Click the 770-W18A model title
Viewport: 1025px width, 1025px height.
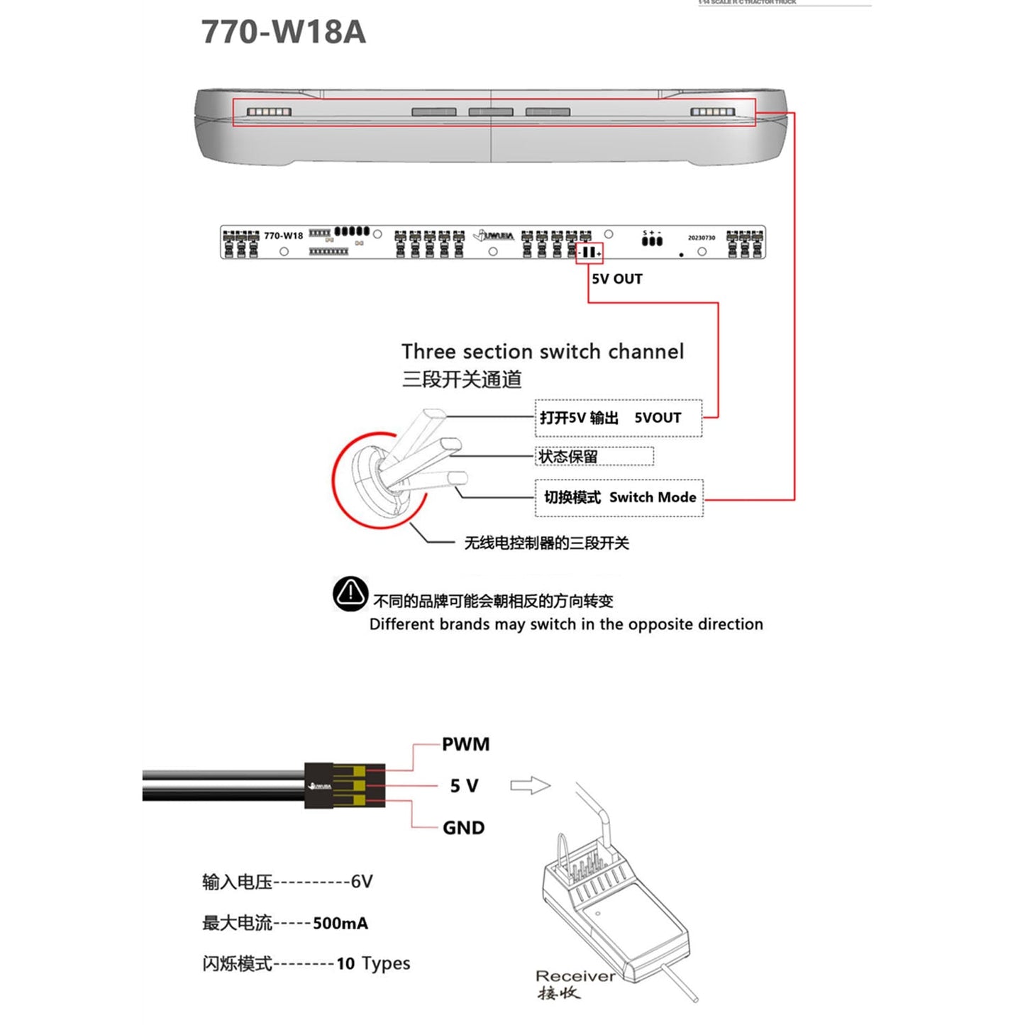[x=284, y=32]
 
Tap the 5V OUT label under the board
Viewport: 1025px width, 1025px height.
[x=617, y=279]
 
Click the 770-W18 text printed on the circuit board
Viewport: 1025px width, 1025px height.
[x=283, y=236]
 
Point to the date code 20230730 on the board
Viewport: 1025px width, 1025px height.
[x=701, y=238]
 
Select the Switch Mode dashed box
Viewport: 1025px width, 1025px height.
[x=619, y=497]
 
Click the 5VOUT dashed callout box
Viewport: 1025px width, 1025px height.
[x=618, y=418]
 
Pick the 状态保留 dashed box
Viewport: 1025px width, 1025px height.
[x=594, y=456]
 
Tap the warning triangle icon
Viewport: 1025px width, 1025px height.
[x=350, y=594]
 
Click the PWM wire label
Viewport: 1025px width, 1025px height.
[x=465, y=744]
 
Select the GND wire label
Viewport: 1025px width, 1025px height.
[x=463, y=828]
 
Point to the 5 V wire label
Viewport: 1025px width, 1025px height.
[x=464, y=786]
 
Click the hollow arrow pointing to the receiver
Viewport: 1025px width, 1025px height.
[x=530, y=785]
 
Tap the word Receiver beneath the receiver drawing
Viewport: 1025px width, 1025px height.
[x=575, y=976]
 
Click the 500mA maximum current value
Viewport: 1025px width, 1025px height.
[x=340, y=923]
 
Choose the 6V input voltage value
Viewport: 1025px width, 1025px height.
[x=362, y=882]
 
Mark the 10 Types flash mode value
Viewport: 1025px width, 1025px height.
[x=373, y=963]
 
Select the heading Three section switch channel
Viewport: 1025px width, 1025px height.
[x=543, y=352]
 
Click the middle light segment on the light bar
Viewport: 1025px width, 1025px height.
[x=491, y=112]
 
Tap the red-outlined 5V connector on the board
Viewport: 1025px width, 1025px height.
[x=589, y=253]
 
